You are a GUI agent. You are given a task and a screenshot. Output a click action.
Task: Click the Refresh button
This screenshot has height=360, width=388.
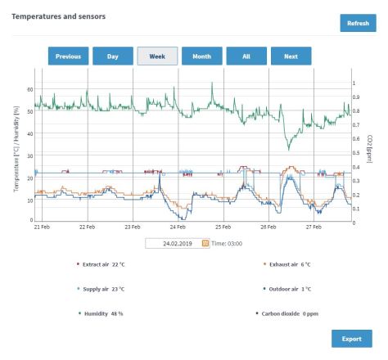coord(358,23)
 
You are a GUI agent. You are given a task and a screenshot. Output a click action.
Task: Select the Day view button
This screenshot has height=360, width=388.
coord(112,56)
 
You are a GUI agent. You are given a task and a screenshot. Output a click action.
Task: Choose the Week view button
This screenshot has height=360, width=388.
coord(157,56)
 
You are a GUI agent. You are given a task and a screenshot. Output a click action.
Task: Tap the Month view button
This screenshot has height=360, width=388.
coord(201,56)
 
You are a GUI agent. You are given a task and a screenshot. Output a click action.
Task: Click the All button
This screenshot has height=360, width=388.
coord(246,56)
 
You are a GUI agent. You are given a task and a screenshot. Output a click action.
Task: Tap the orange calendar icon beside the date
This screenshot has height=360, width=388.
coord(205,243)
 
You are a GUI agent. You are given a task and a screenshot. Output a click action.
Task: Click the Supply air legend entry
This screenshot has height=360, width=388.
coord(102,289)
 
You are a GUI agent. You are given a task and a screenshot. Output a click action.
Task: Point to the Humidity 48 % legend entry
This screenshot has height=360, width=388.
coord(100,313)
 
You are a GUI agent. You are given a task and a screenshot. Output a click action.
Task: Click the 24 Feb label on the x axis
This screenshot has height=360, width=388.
coord(176,227)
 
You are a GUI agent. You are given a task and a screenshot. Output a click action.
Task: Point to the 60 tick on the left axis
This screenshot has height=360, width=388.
coord(30,89)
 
